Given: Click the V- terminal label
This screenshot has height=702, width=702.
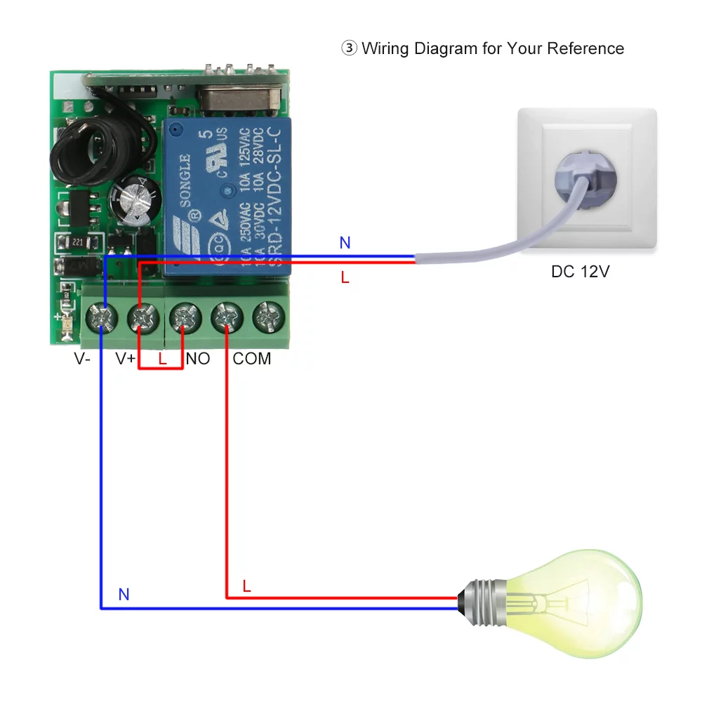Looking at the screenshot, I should click(x=82, y=359).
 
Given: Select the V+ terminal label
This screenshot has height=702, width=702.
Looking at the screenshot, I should click(x=126, y=359).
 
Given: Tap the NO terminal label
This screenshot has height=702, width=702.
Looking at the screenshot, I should click(x=198, y=359).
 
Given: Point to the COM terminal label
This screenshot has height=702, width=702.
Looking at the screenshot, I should click(x=252, y=359).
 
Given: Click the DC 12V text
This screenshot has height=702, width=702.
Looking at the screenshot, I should click(x=580, y=272).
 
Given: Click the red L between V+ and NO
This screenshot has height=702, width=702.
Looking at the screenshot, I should click(x=163, y=359).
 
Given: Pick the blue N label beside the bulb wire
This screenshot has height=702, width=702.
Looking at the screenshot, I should click(x=124, y=595).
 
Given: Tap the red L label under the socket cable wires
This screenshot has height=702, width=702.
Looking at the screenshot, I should click(x=345, y=277).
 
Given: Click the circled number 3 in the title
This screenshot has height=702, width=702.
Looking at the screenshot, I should click(x=349, y=48).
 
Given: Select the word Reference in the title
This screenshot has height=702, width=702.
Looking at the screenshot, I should click(x=585, y=48).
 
